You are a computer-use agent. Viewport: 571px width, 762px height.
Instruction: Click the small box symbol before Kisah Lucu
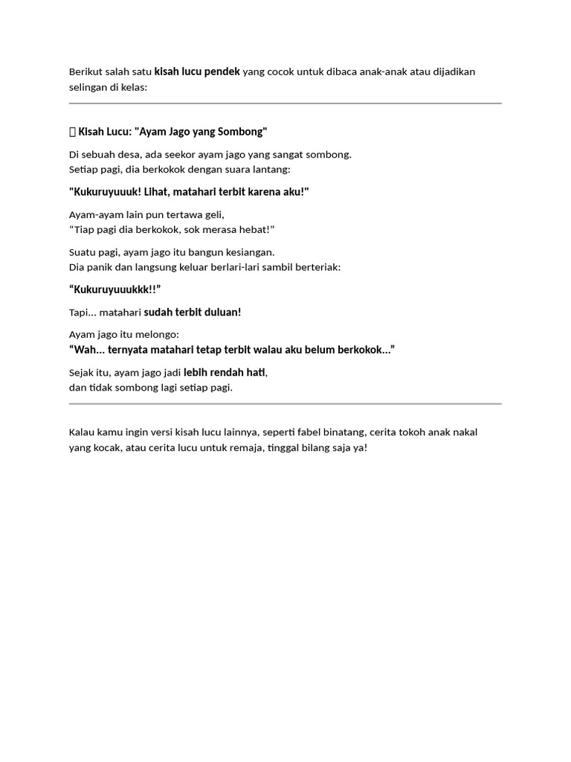72,132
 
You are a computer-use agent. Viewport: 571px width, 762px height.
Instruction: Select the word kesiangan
249,252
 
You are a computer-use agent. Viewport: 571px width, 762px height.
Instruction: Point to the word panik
100,266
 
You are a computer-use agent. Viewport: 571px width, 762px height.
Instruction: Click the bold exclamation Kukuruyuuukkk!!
115,289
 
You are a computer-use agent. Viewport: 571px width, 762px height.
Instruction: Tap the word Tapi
80,313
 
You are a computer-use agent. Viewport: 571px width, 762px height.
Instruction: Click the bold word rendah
227,373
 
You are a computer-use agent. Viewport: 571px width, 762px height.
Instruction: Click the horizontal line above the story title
285,103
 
